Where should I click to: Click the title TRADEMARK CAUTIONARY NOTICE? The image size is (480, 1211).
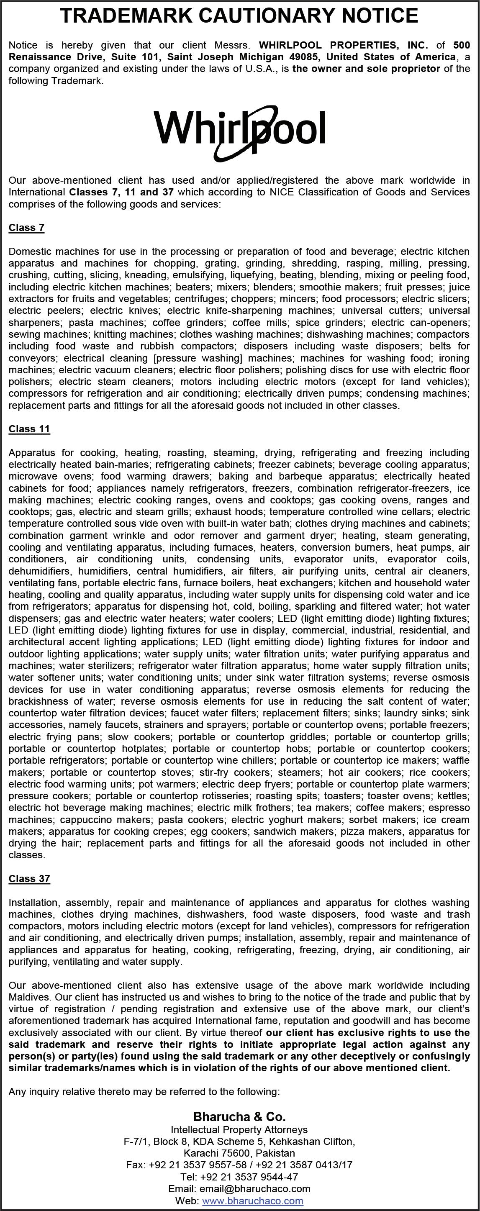coord(239,16)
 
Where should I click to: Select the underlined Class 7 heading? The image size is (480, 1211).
coord(26,228)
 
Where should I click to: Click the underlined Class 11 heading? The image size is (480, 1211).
coord(29,429)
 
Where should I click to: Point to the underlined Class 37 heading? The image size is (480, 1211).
coord(29,879)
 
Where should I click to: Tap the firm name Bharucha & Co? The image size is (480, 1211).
coord(239,1116)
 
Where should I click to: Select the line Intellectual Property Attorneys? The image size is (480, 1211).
coord(239,1130)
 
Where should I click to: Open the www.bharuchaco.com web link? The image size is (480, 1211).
coord(252,1201)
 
